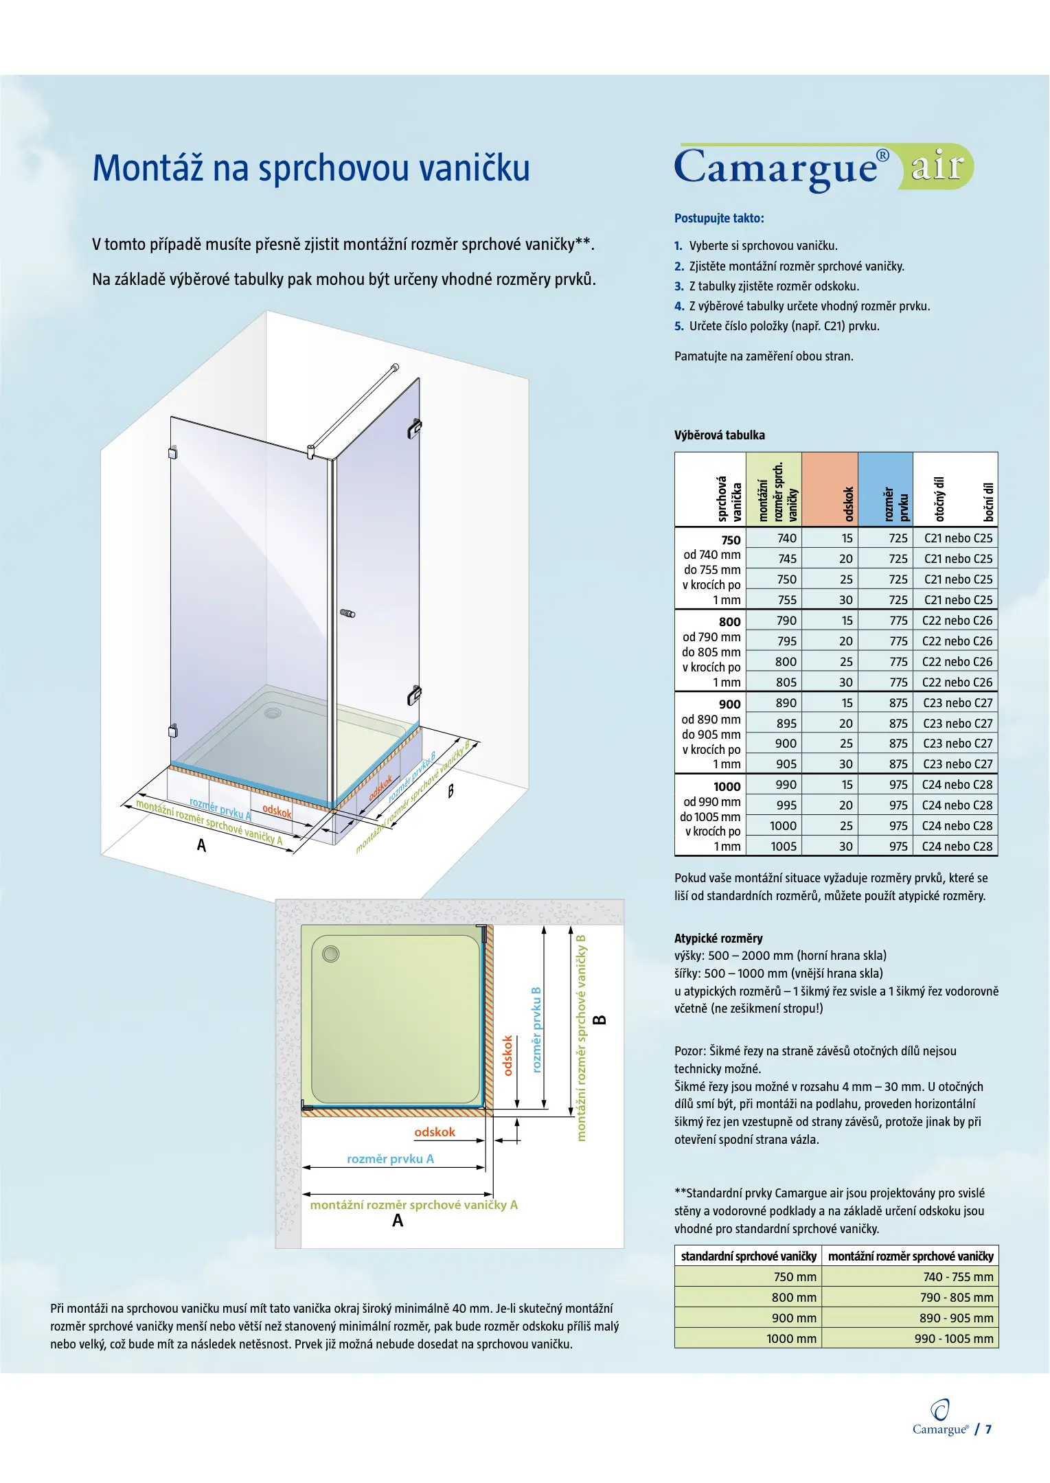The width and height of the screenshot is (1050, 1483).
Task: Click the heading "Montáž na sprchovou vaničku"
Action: point(311,168)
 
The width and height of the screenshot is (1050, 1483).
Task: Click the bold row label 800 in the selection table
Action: point(729,622)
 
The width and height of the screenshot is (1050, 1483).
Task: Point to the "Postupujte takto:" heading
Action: point(719,218)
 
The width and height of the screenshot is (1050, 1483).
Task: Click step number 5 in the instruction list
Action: point(678,326)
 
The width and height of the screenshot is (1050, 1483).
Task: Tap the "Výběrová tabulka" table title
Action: point(719,435)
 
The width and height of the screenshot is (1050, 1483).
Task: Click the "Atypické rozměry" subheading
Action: point(718,939)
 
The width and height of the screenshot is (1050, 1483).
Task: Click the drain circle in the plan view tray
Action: point(331,954)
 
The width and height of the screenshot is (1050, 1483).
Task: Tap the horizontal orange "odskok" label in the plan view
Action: point(435,1132)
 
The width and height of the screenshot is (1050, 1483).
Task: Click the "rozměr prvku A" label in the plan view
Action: point(390,1159)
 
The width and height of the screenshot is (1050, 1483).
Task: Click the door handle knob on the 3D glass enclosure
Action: point(349,613)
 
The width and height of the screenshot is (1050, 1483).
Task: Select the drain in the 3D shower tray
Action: point(273,713)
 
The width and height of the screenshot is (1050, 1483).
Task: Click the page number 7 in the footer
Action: point(988,1429)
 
